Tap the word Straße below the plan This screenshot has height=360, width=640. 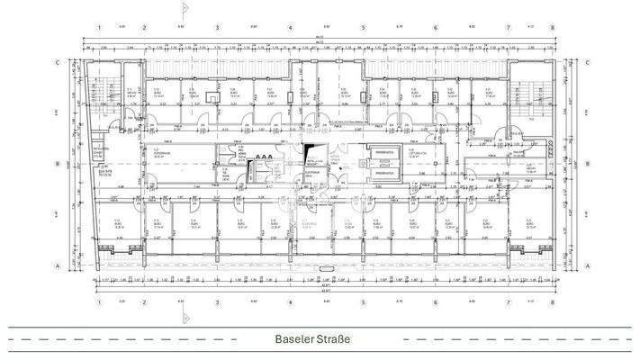(x=332, y=339)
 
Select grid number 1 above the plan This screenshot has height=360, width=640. (x=95, y=27)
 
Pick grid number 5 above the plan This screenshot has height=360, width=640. (x=363, y=27)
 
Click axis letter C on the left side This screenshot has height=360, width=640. (x=57, y=62)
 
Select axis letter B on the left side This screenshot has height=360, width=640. (x=57, y=164)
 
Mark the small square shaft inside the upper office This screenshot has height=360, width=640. (x=212, y=96)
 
